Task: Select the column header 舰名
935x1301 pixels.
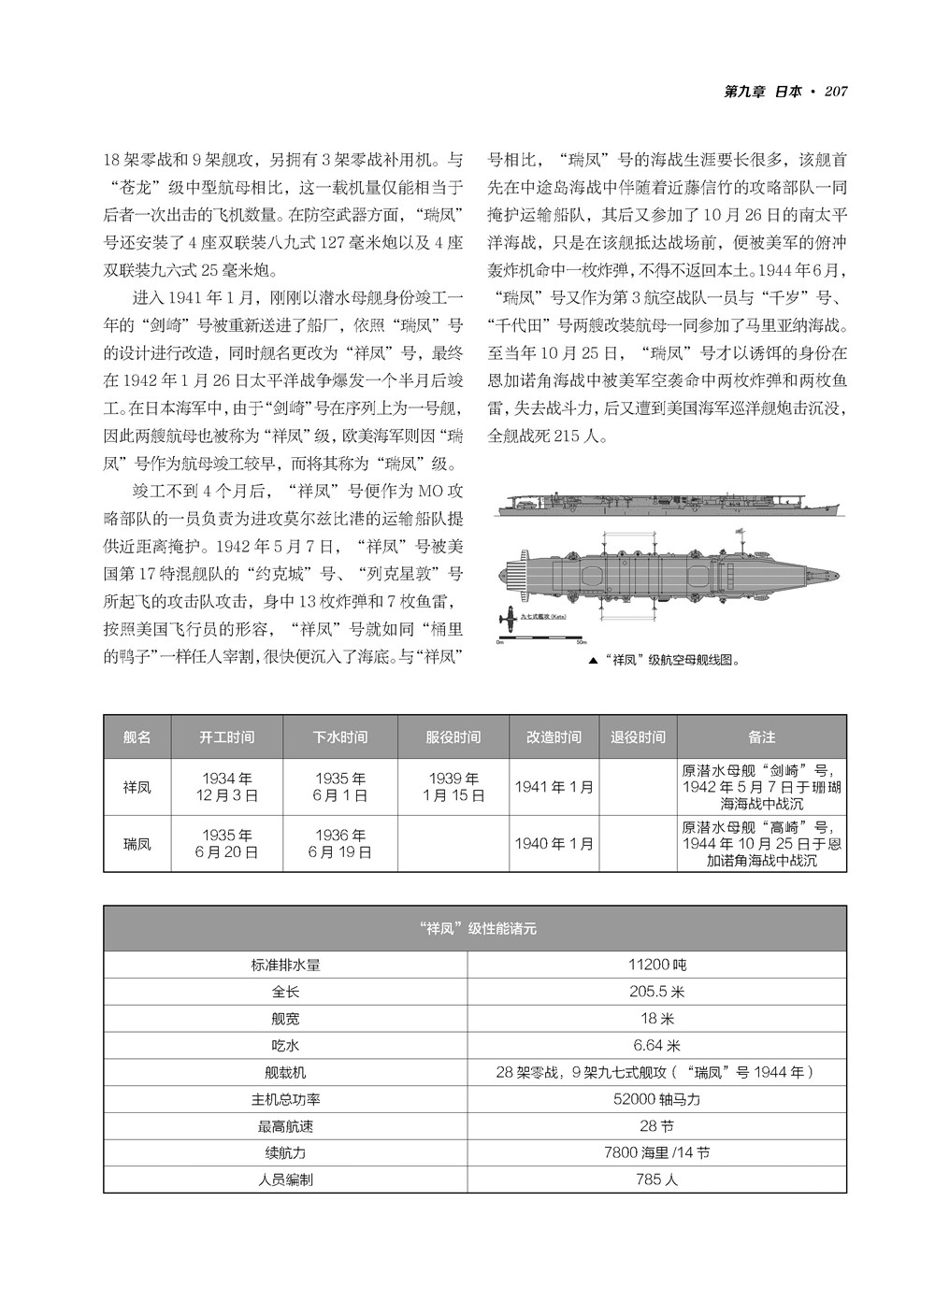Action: [137, 736]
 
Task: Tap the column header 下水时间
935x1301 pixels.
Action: [340, 736]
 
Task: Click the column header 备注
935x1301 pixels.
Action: [761, 736]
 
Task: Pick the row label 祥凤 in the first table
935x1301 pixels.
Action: [137, 787]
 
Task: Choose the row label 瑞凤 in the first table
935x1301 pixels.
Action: [137, 844]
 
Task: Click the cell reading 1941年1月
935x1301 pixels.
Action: [554, 787]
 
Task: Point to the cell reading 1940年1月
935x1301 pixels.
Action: [554, 844]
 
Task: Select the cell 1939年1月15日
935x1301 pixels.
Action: [453, 787]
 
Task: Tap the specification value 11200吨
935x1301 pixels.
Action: [656, 965]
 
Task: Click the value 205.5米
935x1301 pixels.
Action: [656, 992]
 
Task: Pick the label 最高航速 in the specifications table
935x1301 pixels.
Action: [285, 1126]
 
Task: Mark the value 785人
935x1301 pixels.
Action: [656, 1179]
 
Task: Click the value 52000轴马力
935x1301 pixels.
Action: [656, 1099]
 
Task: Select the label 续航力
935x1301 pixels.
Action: [285, 1152]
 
